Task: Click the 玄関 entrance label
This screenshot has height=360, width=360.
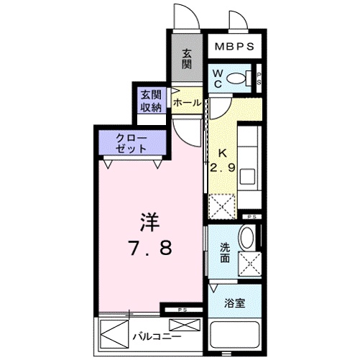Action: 187,58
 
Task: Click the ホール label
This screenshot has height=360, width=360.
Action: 187,103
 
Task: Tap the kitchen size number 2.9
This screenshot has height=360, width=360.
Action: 223,167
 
